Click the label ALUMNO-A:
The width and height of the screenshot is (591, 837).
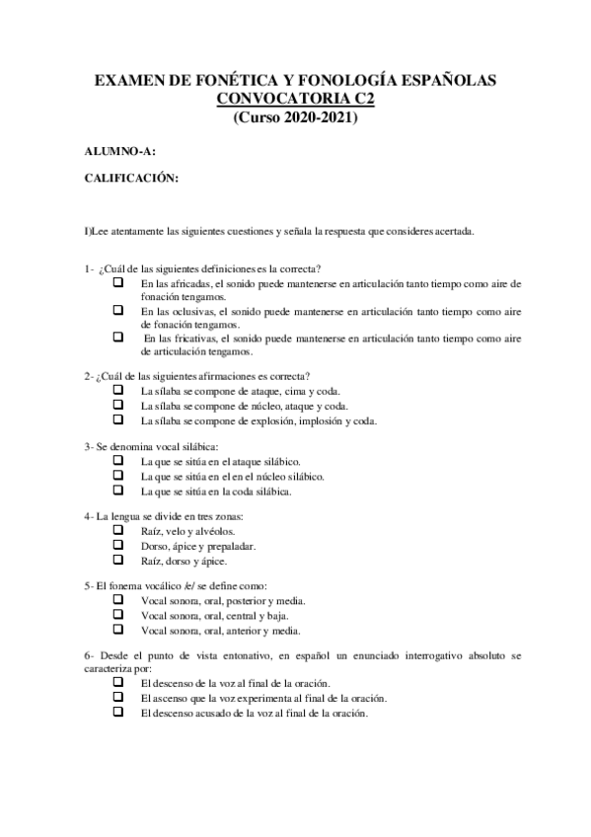tap(119, 151)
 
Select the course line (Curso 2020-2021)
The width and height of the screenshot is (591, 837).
tap(295, 117)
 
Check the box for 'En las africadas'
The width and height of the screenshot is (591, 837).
tap(118, 282)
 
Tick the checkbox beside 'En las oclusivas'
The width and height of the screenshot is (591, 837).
tap(118, 310)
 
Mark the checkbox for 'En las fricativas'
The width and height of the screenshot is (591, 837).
tap(118, 337)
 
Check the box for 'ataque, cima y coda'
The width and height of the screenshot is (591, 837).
tap(118, 391)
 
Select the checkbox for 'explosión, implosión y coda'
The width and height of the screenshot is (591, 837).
tap(118, 419)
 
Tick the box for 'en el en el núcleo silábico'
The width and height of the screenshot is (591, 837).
tap(118, 475)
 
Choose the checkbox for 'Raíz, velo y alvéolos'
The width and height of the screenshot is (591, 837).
tap(118, 530)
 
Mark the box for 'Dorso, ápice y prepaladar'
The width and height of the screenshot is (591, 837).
tap(118, 545)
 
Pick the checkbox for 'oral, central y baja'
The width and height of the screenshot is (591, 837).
tap(118, 614)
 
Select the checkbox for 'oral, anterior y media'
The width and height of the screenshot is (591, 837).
tap(118, 629)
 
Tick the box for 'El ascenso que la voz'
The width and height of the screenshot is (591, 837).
tap(118, 697)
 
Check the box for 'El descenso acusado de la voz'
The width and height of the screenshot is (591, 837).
tap(118, 712)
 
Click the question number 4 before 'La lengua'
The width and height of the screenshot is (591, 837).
tap(88, 516)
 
